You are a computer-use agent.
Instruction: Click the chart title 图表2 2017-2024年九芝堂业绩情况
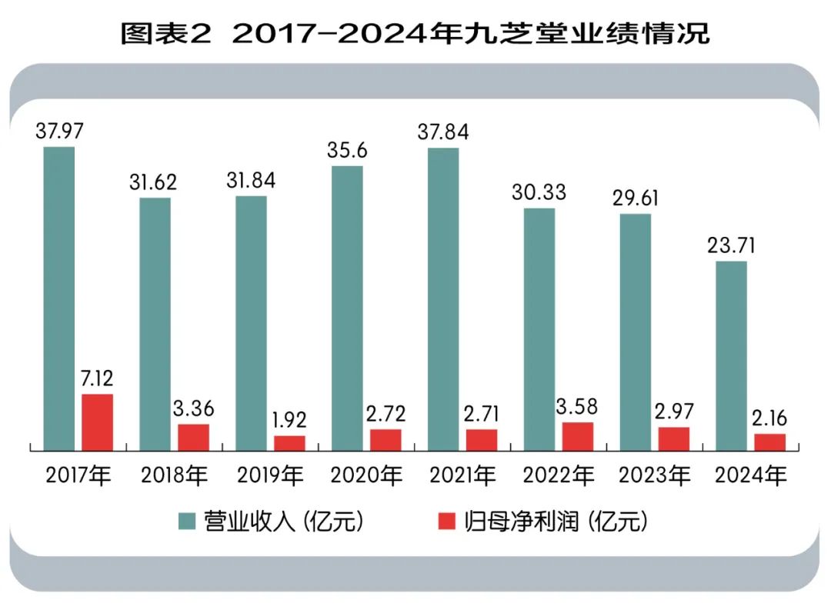coord(415,34)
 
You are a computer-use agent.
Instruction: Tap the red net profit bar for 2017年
coord(98,422)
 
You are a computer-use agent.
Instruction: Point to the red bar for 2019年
coord(289,442)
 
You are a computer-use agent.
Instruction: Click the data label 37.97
coord(59,131)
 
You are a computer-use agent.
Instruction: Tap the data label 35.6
coord(347,150)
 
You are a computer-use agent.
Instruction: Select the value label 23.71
coord(731,246)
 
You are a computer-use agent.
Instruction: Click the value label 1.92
coord(289,420)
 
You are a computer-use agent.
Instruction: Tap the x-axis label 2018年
coord(175,475)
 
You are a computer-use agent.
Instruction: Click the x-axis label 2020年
coord(366,475)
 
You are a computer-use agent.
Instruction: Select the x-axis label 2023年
coord(655,475)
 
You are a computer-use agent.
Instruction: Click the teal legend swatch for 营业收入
coord(187,522)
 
